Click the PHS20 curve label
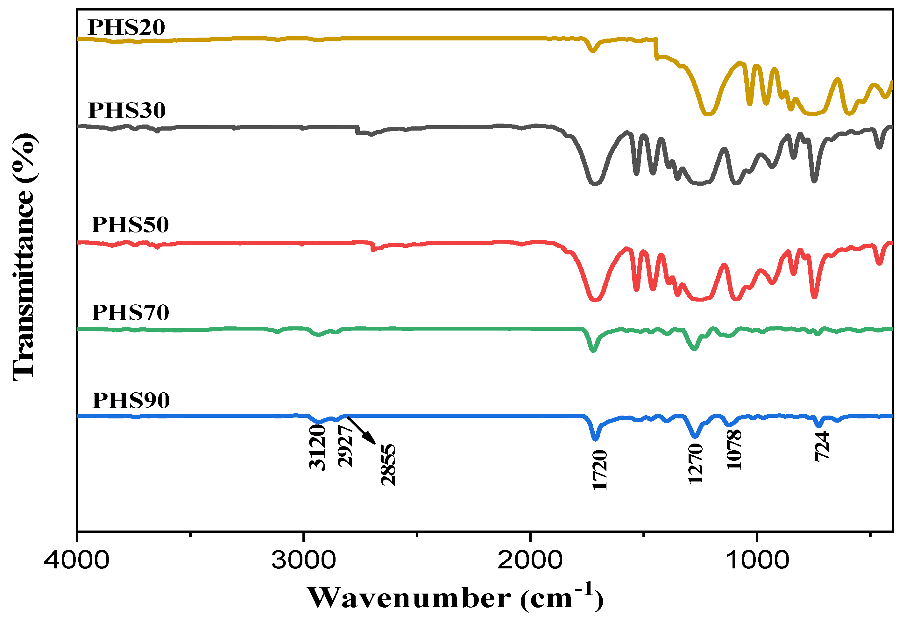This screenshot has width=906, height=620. (x=126, y=27)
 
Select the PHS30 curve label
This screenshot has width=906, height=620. (x=127, y=110)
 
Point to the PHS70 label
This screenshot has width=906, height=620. (x=130, y=313)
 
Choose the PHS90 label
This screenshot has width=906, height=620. (x=131, y=401)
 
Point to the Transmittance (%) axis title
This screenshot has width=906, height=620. (x=24, y=257)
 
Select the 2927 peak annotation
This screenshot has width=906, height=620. (x=345, y=446)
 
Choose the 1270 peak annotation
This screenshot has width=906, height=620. (x=696, y=464)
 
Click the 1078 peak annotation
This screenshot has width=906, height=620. (x=734, y=450)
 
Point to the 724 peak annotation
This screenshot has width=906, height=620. (x=822, y=446)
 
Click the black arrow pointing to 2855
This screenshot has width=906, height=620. (x=361, y=431)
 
